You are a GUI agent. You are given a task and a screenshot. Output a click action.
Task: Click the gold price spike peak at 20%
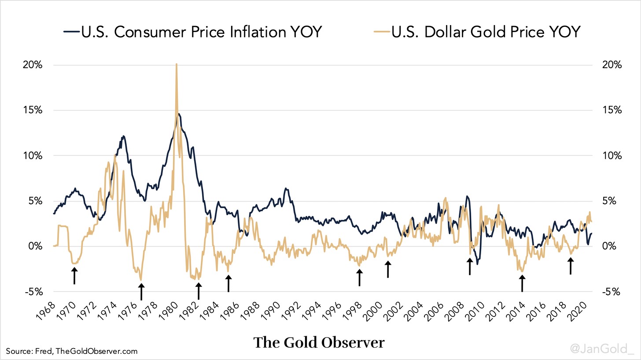[x=177, y=65]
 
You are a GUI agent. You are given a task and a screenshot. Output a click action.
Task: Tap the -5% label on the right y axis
[x=611, y=291]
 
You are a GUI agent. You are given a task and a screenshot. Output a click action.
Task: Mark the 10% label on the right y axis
[x=611, y=155]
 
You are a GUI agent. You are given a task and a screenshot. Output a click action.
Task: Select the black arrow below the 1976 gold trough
[x=141, y=291]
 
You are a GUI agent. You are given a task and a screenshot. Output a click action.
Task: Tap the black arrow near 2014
[x=522, y=283]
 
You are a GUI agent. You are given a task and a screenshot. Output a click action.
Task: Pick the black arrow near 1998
[x=359, y=278]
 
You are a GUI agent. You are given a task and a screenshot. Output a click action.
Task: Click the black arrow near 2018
[x=571, y=266]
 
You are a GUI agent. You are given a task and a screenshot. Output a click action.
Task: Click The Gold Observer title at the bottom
[x=319, y=343]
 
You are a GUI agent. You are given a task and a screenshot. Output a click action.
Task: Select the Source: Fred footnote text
[x=72, y=351]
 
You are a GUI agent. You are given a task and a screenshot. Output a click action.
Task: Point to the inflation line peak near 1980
[x=179, y=114]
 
